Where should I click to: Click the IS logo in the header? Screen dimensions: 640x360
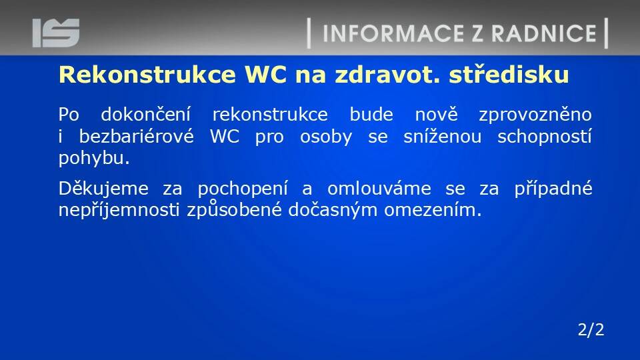click(x=56, y=33)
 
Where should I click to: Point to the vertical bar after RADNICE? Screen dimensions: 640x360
click(x=606, y=33)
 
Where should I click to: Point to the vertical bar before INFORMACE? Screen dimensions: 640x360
click(x=309, y=33)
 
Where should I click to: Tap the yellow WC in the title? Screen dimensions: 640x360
click(x=265, y=75)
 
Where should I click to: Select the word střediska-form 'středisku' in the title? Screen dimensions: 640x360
click(x=509, y=75)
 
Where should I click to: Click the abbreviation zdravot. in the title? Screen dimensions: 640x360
click(x=388, y=75)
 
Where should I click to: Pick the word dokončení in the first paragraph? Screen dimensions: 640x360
click(x=146, y=114)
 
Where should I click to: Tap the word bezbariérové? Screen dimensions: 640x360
click(x=136, y=136)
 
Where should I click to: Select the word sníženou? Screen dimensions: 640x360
click(x=443, y=136)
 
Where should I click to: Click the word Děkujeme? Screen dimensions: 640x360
click(x=103, y=189)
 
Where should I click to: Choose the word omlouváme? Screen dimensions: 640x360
click(x=379, y=188)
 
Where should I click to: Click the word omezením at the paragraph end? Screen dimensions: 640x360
click(x=433, y=210)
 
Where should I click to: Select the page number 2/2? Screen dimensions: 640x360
click(x=591, y=329)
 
